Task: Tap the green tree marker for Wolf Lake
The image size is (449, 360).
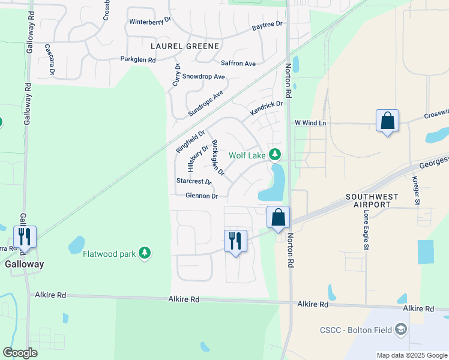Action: (x=275, y=155)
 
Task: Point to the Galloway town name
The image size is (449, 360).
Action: (x=24, y=263)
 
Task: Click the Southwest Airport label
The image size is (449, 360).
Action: (x=369, y=200)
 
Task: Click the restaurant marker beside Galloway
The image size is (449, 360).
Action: (x=25, y=236)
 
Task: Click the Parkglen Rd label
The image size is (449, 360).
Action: (x=138, y=59)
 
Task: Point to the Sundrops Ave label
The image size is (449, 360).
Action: (x=205, y=103)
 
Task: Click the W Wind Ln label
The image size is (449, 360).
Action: (x=310, y=123)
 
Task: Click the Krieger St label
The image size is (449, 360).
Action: (x=416, y=188)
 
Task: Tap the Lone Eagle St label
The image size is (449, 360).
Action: (x=365, y=230)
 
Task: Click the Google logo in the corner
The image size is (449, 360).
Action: (x=20, y=353)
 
